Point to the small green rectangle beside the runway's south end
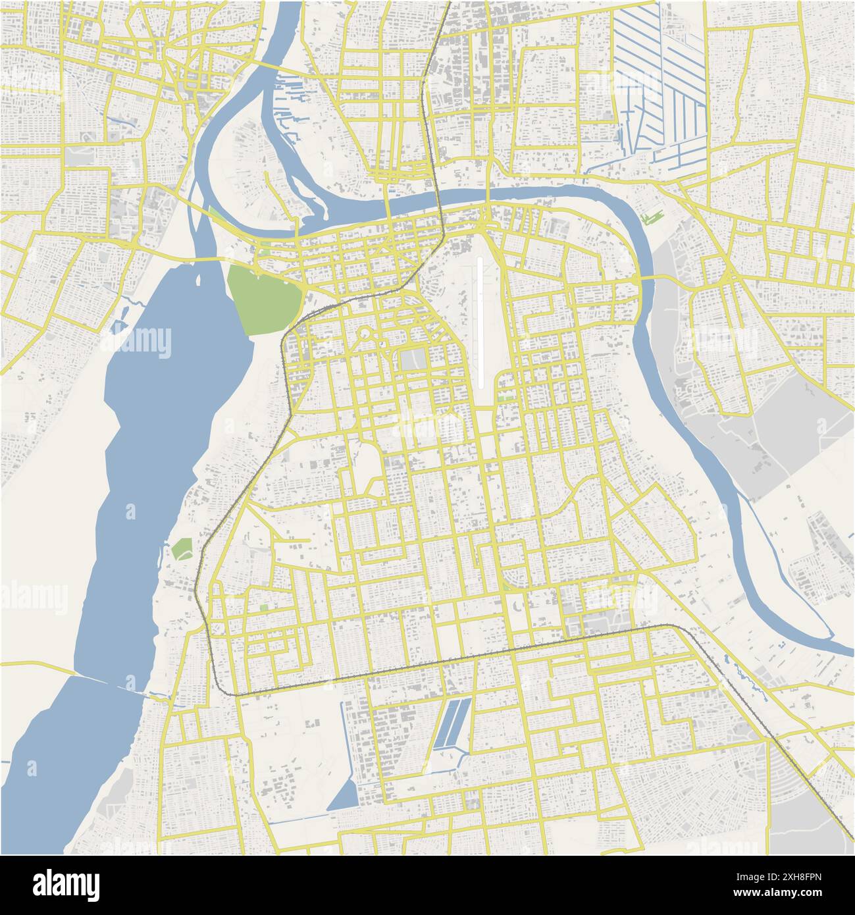[505, 398]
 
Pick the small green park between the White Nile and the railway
[181, 549]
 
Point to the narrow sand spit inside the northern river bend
[309, 191]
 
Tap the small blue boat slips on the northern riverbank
[290, 99]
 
